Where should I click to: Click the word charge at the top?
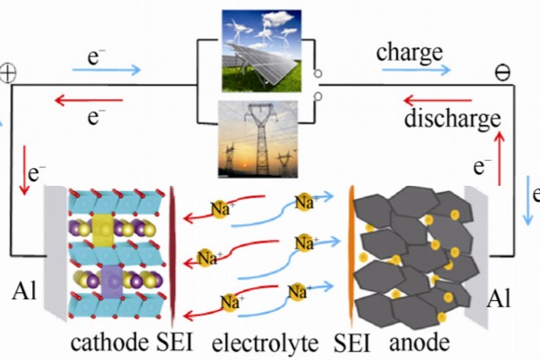click(409, 51)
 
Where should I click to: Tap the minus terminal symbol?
click(502, 72)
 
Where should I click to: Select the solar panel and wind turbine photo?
click(255, 44)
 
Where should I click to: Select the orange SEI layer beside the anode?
click(351, 255)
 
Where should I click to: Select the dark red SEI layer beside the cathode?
click(171, 255)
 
